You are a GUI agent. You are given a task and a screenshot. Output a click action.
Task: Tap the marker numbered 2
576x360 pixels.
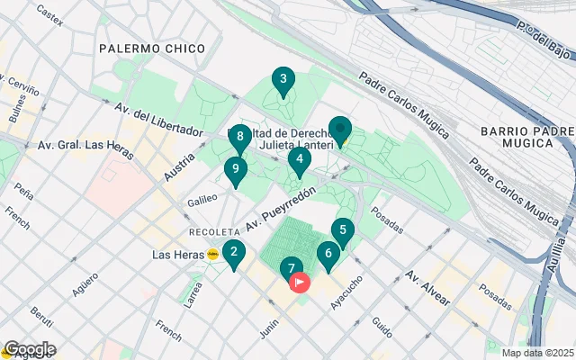pos(233,255)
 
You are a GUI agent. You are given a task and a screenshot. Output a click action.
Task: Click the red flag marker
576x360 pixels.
pos(300,282)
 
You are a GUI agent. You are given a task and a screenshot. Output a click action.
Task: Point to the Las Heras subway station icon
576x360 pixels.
pos(213,255)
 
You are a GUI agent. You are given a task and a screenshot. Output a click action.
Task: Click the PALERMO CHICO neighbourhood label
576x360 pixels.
pos(151,48)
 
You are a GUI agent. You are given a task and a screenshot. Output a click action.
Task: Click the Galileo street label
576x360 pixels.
pos(202,202)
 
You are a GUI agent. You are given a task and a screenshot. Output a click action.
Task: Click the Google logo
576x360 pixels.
pos(29,349)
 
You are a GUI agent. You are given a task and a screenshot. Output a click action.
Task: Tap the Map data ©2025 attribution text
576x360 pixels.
pos(536,353)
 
